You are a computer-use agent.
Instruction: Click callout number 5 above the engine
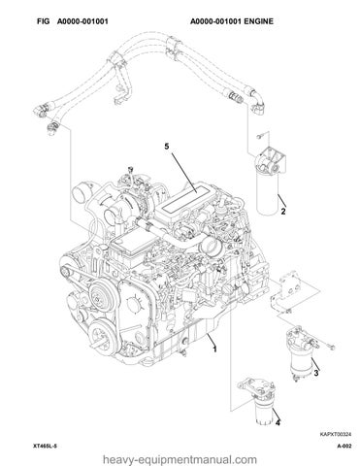(x=167, y=147)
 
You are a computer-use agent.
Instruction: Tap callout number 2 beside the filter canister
(x=283, y=212)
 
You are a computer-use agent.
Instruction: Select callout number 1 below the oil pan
(x=214, y=349)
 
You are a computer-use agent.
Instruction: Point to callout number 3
(x=316, y=373)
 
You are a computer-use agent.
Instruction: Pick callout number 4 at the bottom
(x=278, y=422)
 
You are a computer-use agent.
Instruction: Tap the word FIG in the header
(x=43, y=21)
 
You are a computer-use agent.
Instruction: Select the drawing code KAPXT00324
(x=336, y=434)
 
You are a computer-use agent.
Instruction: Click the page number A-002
(x=344, y=447)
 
